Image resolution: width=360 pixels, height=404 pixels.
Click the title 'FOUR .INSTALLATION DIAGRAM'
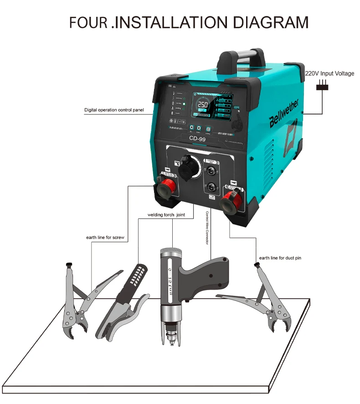click(x=189, y=22)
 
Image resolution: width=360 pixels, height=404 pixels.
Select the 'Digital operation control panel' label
click(x=114, y=110)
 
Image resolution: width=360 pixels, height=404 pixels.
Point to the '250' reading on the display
click(x=202, y=105)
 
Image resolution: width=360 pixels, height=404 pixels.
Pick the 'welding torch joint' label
click(x=166, y=215)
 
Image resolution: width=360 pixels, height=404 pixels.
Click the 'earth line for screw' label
click(x=105, y=238)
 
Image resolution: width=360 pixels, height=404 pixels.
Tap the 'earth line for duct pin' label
click(x=280, y=258)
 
